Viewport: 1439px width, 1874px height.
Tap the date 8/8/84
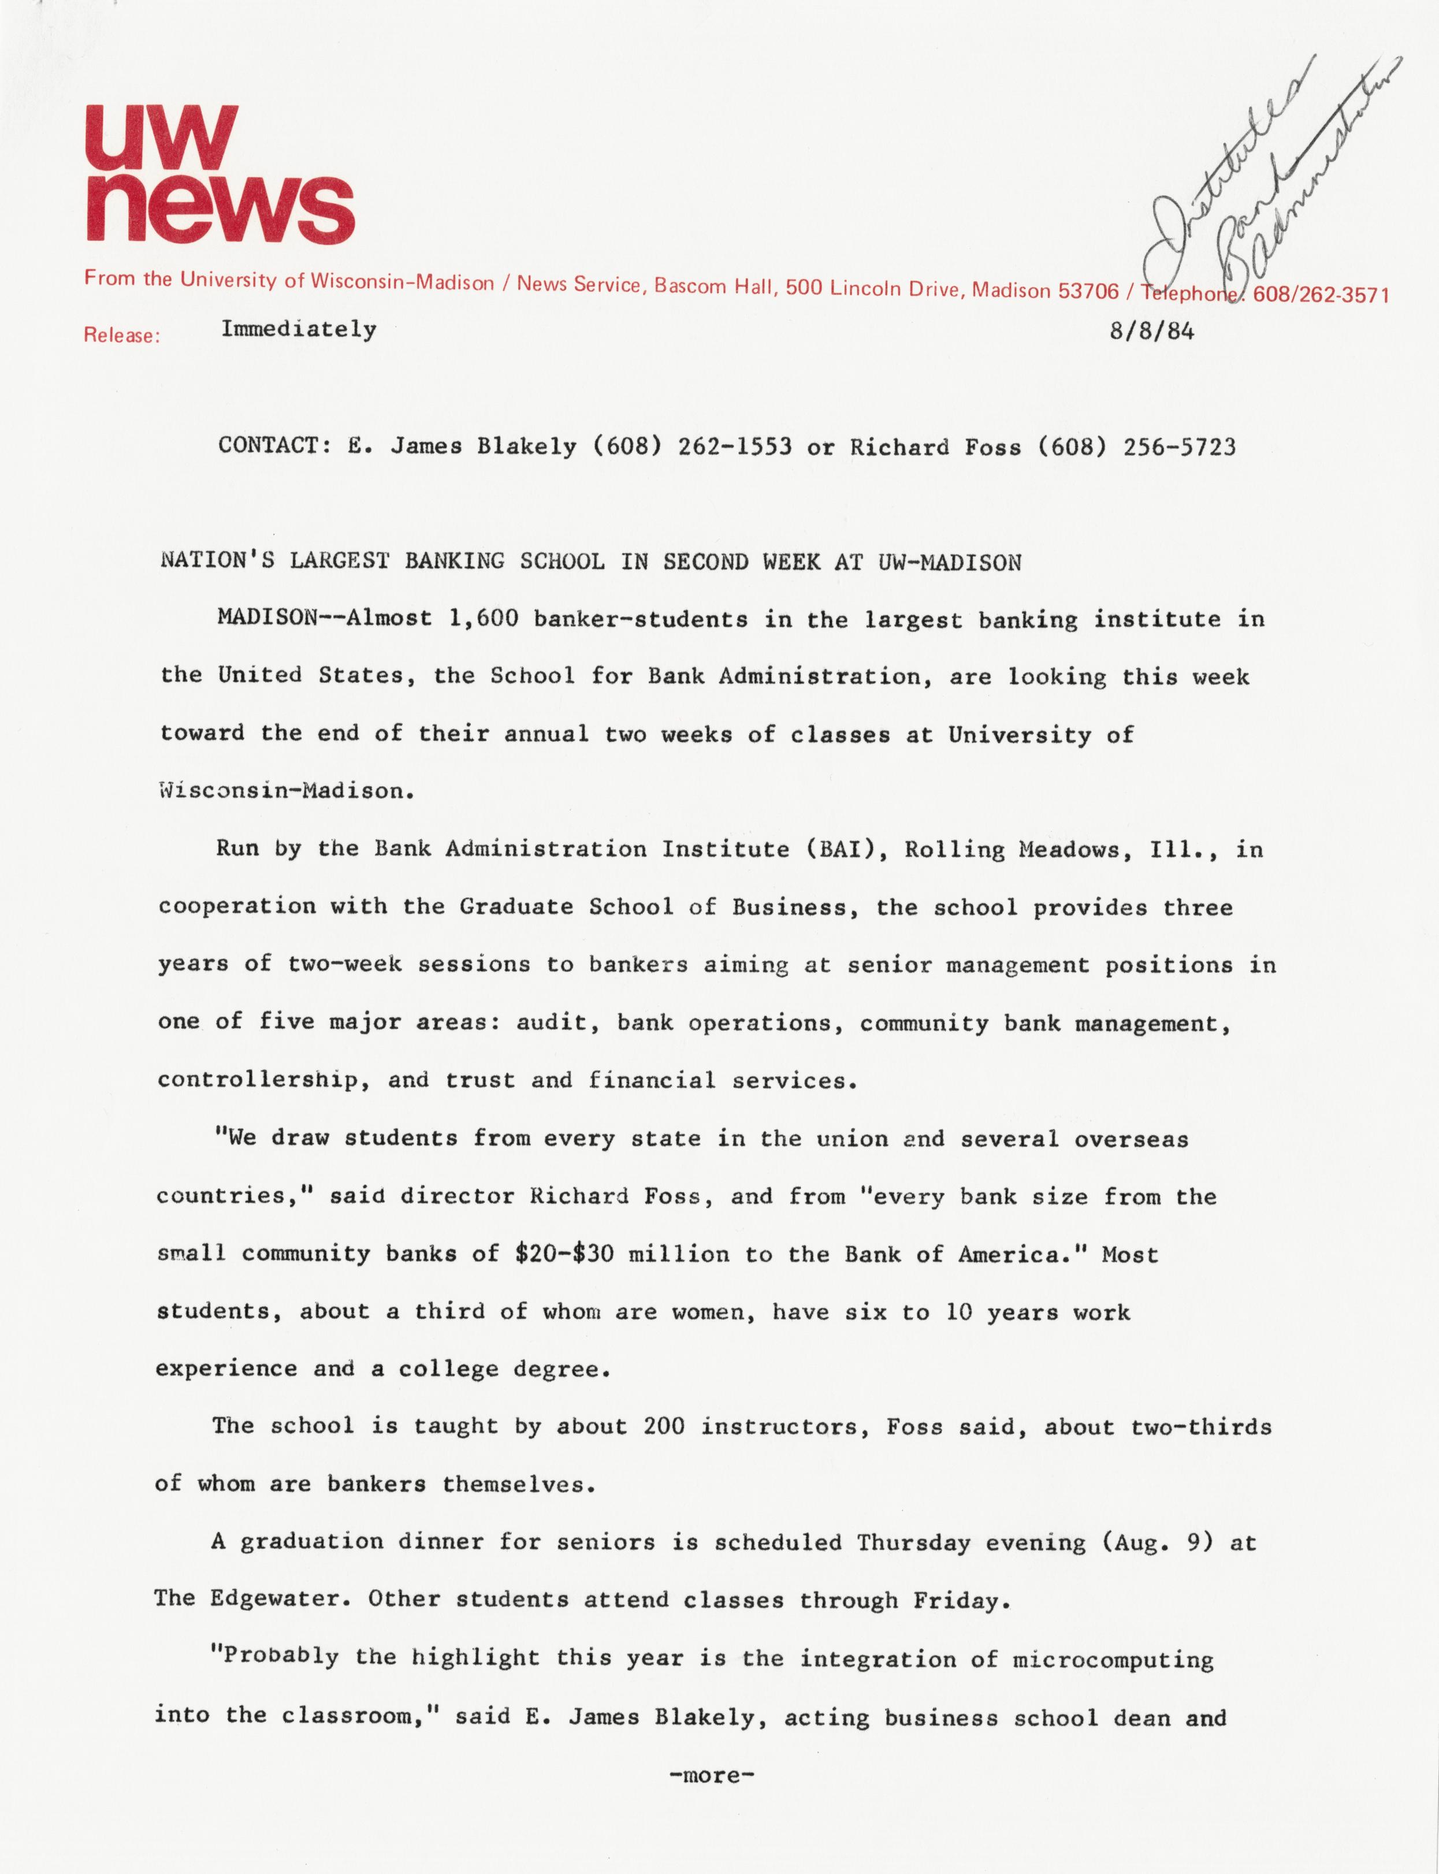[x=1151, y=332]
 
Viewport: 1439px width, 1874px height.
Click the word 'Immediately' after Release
[x=298, y=330]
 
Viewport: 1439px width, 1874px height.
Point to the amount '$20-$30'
[x=564, y=1254]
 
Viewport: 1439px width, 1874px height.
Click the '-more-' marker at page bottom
[x=711, y=1775]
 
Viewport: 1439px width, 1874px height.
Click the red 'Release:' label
[x=122, y=336]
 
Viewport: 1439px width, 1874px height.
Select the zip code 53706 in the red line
[x=1089, y=291]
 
